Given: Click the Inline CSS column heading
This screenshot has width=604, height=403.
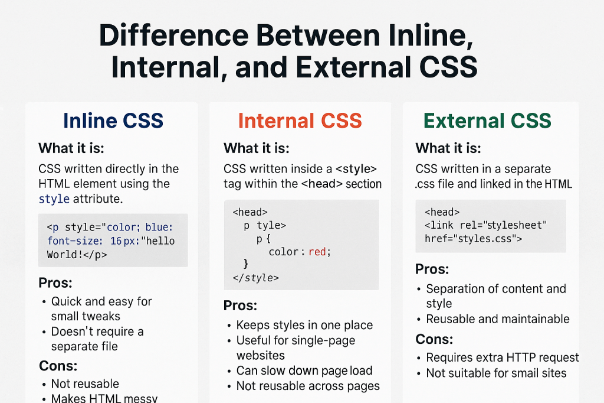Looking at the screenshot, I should tap(113, 121).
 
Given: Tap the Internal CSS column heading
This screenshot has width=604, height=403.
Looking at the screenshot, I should tap(300, 121).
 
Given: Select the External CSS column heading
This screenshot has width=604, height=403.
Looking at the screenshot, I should tap(488, 121).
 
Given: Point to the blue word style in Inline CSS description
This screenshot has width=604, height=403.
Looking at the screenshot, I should tap(54, 199).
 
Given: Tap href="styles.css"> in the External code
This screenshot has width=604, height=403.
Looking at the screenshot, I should tap(474, 239).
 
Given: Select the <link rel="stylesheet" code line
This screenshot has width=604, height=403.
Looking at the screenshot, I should tap(486, 226).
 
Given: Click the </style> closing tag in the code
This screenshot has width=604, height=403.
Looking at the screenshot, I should tap(256, 278).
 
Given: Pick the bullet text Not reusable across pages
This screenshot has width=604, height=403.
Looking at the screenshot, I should tap(308, 386).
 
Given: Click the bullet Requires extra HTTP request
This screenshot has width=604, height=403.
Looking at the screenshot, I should tap(503, 357).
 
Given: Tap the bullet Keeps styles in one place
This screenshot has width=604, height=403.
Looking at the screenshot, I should tap(304, 325).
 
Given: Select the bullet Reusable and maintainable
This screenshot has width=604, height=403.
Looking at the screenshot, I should tap(498, 319).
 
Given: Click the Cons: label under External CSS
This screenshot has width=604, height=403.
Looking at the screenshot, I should tap(434, 339).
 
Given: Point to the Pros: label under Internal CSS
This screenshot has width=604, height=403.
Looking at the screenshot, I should tap(240, 305).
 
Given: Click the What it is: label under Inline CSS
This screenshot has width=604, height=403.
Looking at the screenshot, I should tap(71, 148).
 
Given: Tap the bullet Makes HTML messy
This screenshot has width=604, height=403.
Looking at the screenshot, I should tap(104, 398).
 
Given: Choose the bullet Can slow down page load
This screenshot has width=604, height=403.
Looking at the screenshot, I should tap(304, 370).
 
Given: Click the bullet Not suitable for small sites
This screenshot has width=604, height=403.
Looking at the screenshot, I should tap(496, 373).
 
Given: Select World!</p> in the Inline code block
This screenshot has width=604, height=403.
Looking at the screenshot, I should tap(77, 255).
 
